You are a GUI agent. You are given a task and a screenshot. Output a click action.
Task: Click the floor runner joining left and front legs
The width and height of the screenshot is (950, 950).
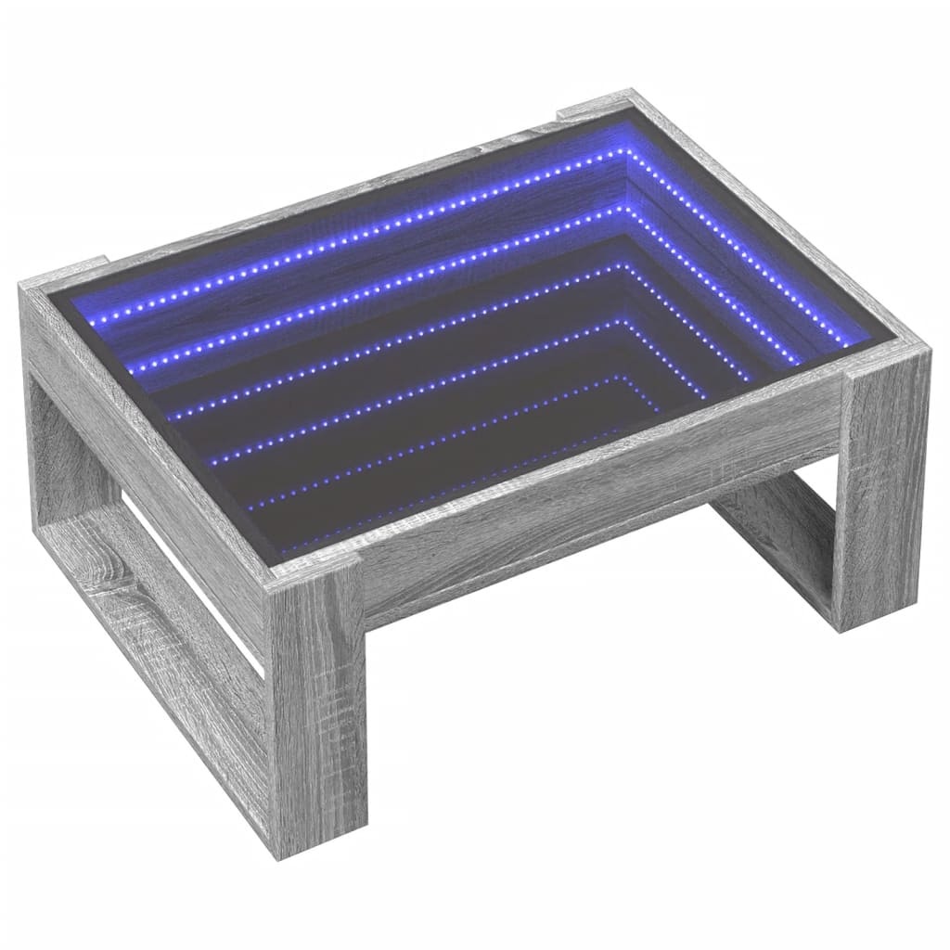pyautogui.click(x=158, y=640)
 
